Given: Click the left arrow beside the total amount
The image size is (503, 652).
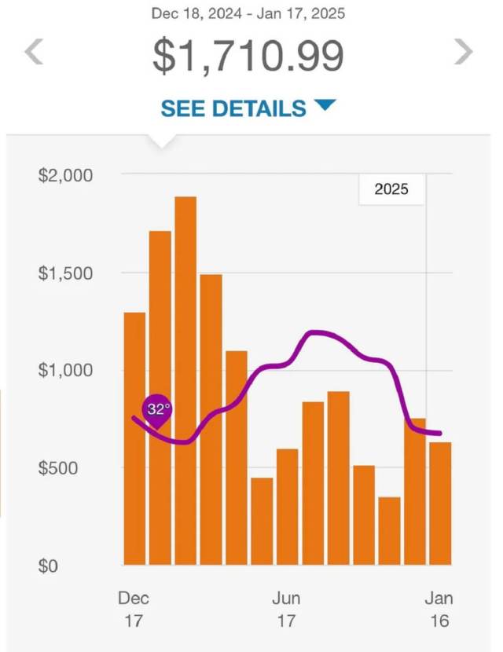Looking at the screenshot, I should pos(33,53).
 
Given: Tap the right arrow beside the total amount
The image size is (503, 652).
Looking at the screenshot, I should pos(464,53).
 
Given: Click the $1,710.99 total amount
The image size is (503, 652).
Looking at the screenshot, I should pos(248,55).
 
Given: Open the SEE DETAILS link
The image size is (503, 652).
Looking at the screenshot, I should pos(233,108).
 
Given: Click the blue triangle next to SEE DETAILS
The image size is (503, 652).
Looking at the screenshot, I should pos(325,105).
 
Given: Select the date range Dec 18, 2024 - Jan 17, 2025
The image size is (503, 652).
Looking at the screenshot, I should pos(248,13).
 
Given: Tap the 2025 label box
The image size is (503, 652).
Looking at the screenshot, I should pos(391,190).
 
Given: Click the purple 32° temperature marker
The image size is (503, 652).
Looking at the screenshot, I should pos(158,410).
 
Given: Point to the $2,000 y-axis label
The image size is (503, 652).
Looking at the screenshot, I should pos(65,175).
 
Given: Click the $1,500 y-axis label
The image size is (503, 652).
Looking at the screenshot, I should pos(65,273).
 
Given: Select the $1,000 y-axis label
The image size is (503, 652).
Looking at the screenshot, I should pos(65,371).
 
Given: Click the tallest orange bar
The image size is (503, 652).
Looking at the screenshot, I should pos(185,381).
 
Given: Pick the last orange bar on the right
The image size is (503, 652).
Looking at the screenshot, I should pos(440,504).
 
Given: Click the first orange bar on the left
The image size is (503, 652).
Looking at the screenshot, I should pos(134,438).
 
